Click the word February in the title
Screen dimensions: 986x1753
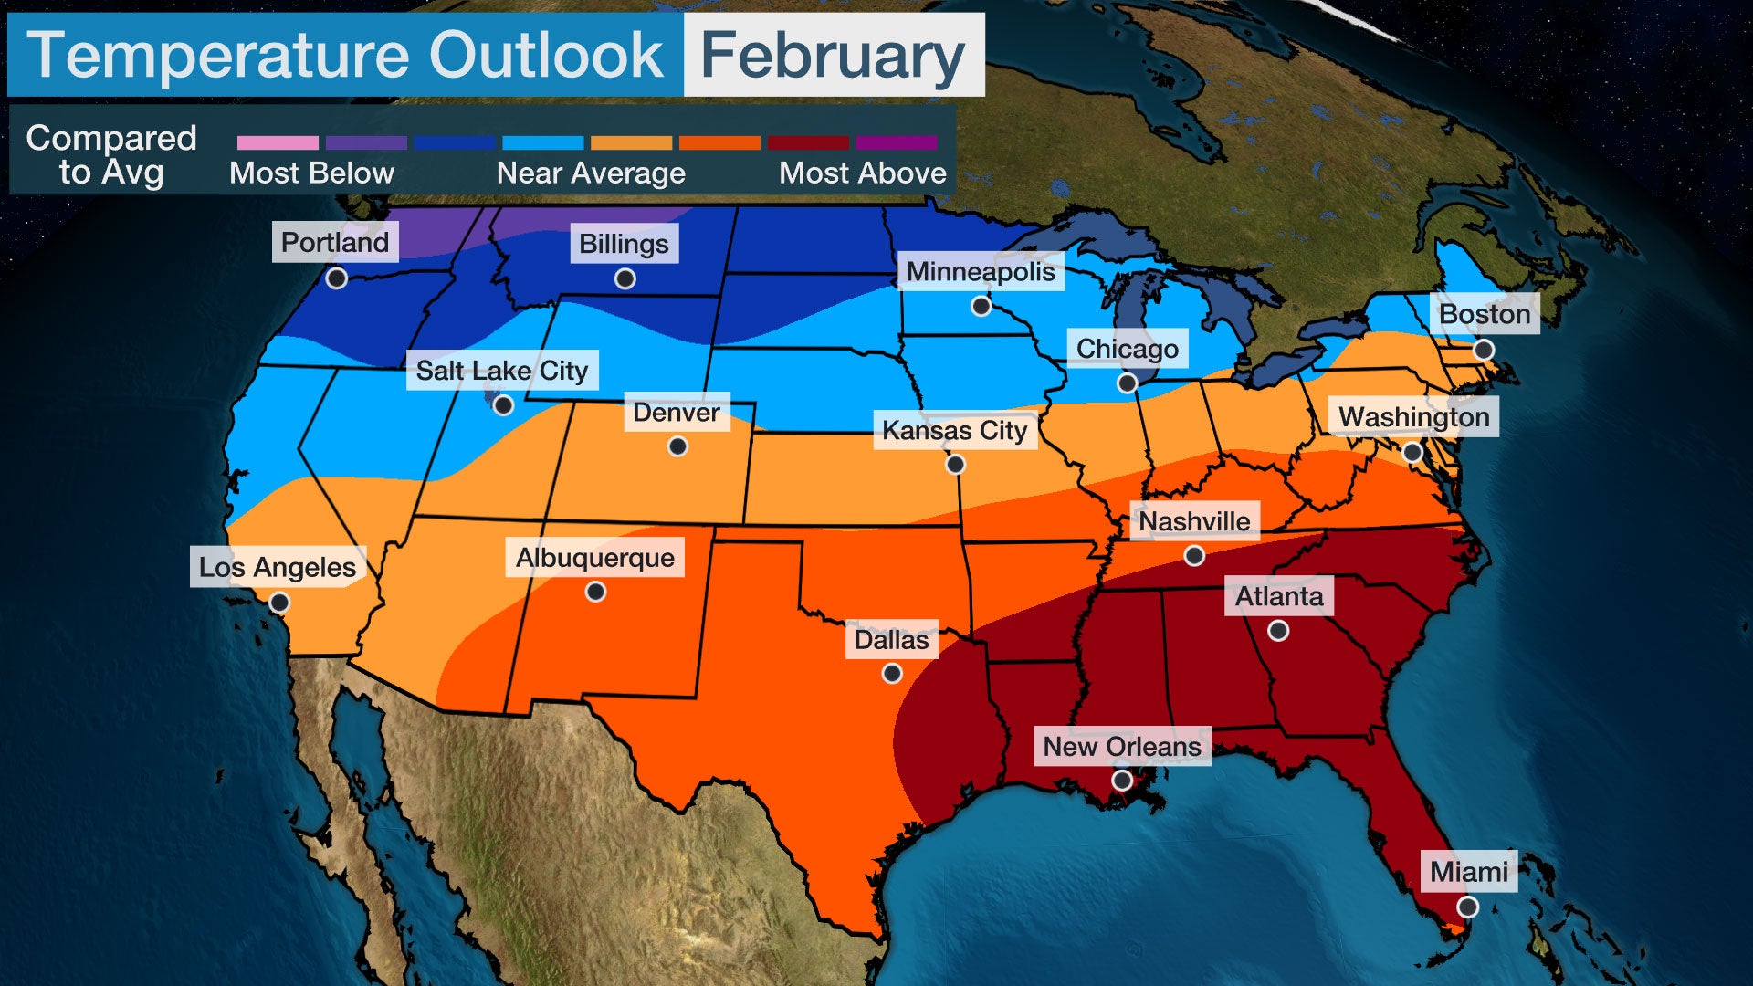coord(833,56)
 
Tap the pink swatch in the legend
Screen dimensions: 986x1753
coord(278,143)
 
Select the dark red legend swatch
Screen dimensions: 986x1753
coord(808,143)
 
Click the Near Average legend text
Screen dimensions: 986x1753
coord(591,173)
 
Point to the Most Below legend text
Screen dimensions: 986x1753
coord(311,173)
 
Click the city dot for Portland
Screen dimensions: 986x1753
coord(337,278)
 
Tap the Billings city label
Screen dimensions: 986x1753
coord(624,244)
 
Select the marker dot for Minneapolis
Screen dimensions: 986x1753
coord(981,306)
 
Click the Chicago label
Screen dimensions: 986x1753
coord(1127,349)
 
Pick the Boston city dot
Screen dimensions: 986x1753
coord(1484,350)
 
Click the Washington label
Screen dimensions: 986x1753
coord(1413,417)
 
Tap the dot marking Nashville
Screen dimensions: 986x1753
coord(1194,556)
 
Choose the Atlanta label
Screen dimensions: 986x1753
coord(1278,596)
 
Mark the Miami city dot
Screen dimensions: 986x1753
coord(1467,907)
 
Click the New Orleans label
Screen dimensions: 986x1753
coord(1121,747)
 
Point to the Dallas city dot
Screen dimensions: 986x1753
coord(892,674)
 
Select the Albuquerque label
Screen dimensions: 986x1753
coord(595,558)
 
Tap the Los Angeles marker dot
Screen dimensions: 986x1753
coord(279,603)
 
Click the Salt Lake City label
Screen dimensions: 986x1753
coord(501,371)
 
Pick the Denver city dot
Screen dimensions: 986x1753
coord(677,446)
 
